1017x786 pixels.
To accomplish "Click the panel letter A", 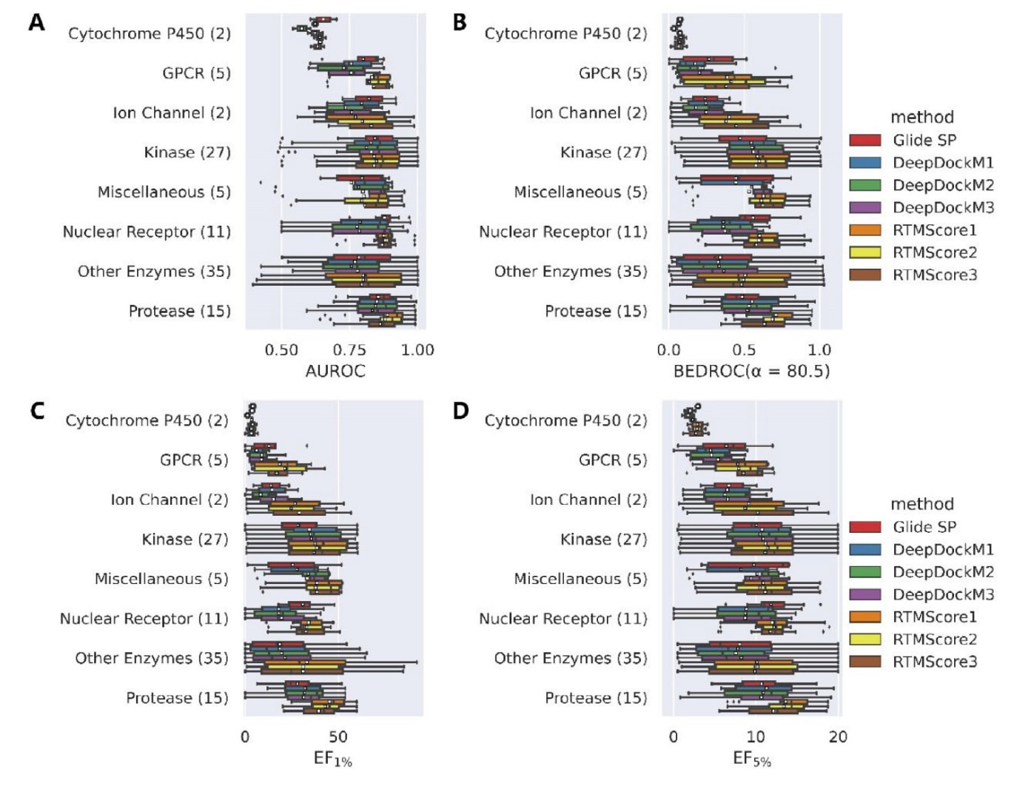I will pyautogui.click(x=36, y=23).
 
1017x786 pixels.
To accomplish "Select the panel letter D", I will pyautogui.click(x=460, y=410).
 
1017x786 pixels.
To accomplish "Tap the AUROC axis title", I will pyautogui.click(x=335, y=371).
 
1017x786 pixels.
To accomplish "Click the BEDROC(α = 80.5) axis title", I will pyautogui.click(x=751, y=371).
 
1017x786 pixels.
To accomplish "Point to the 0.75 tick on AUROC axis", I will pyautogui.click(x=349, y=350).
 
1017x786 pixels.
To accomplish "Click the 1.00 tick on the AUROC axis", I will pyautogui.click(x=417, y=350).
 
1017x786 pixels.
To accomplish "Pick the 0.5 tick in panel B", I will pyautogui.click(x=744, y=350).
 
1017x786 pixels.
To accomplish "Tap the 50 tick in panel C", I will pyautogui.click(x=338, y=737).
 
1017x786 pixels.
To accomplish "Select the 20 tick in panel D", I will pyautogui.click(x=838, y=737).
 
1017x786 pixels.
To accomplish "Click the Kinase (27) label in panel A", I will pyautogui.click(x=187, y=152).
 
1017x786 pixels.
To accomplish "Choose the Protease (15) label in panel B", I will pyautogui.click(x=596, y=311).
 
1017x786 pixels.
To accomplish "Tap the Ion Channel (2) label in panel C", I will pyautogui.click(x=169, y=500).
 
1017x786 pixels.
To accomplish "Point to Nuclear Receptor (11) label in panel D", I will pyautogui.click(x=563, y=619).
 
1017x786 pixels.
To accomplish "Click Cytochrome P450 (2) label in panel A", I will pyautogui.click(x=150, y=33).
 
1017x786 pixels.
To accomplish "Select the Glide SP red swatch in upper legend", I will pyautogui.click(x=865, y=140).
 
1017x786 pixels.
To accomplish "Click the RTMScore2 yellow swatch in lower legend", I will pyautogui.click(x=865, y=639).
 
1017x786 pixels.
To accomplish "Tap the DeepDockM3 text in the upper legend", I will pyautogui.click(x=943, y=207).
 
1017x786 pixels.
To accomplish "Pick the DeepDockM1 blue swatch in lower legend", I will pyautogui.click(x=865, y=549).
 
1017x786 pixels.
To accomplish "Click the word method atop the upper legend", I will pyautogui.click(x=922, y=117).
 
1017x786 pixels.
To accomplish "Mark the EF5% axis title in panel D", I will pyautogui.click(x=752, y=759).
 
